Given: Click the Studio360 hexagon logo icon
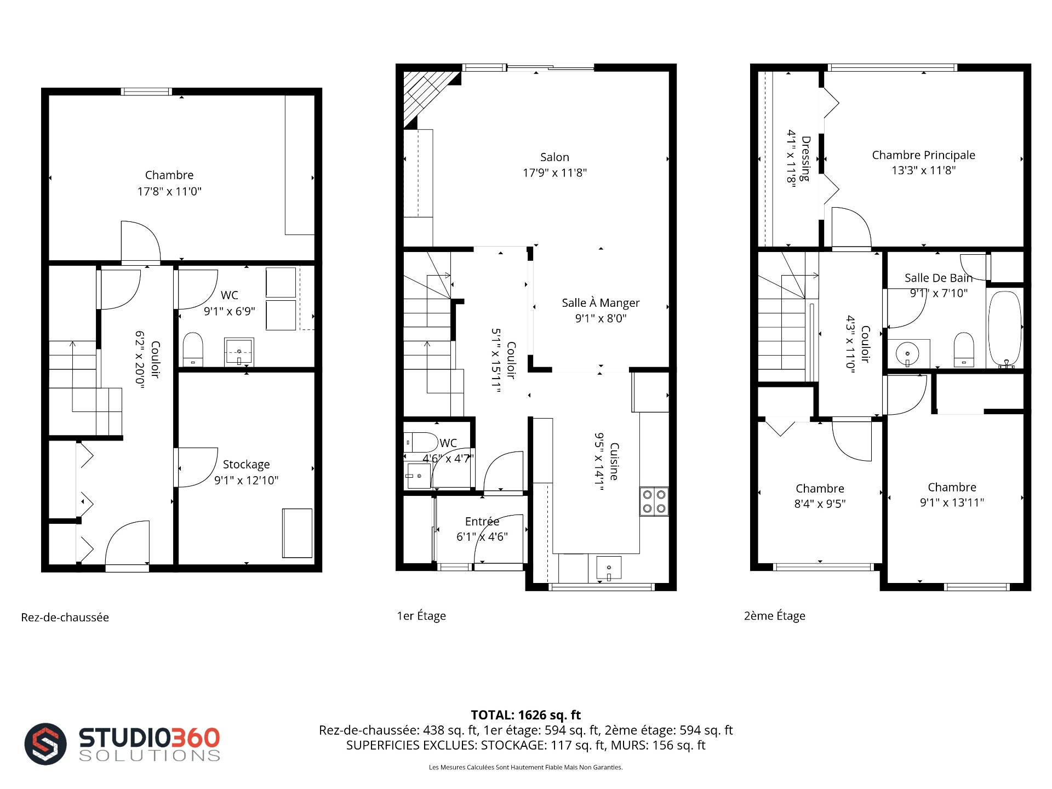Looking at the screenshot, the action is click(x=45, y=744).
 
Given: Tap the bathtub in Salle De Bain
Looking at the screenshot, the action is click(x=1005, y=329).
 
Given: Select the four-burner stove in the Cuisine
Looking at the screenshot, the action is click(x=654, y=501).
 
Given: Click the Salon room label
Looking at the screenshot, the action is click(x=554, y=157).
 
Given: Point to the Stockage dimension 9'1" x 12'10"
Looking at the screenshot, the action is click(x=246, y=481).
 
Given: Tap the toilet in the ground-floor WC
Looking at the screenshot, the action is click(x=193, y=349).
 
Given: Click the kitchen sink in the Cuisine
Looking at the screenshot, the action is click(x=609, y=568).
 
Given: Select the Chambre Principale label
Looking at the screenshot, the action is click(x=923, y=155).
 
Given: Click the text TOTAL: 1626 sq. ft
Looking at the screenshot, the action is click(x=526, y=715).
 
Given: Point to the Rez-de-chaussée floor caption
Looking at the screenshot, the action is click(x=65, y=618).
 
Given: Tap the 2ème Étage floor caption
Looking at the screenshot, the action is click(x=775, y=616).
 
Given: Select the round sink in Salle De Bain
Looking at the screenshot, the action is click(x=907, y=353).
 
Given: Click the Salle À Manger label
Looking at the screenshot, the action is click(x=601, y=303).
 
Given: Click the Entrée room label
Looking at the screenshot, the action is click(x=482, y=522).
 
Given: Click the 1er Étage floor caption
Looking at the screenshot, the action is click(x=421, y=616).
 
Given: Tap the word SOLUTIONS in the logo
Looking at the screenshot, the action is click(x=150, y=756).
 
